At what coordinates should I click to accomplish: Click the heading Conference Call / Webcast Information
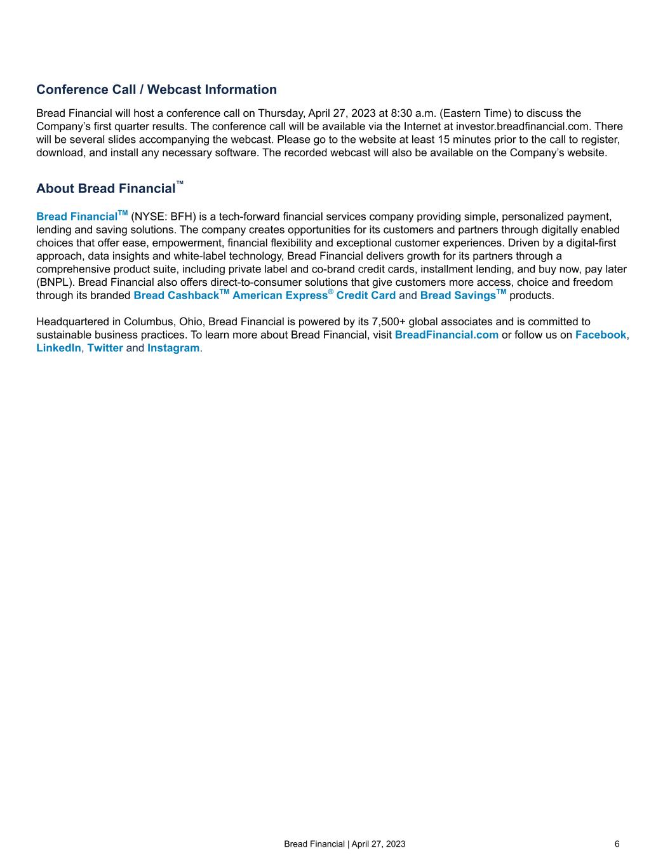[156, 90]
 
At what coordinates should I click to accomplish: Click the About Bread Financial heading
[106, 189]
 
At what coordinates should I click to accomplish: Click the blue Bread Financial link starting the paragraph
[77, 217]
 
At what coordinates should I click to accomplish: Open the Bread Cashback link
[176, 295]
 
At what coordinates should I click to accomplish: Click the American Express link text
[279, 295]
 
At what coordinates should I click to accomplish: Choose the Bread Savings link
[458, 295]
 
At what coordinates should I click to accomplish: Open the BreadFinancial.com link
[446, 335]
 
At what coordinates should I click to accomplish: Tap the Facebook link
[600, 335]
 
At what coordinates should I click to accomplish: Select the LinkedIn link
[58, 348]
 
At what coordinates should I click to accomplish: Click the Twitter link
[105, 348]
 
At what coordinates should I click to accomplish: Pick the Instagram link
[173, 348]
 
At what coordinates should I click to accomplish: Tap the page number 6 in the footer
[617, 844]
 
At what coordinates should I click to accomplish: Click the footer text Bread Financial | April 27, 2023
[344, 844]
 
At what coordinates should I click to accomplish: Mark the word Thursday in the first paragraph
[281, 114]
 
